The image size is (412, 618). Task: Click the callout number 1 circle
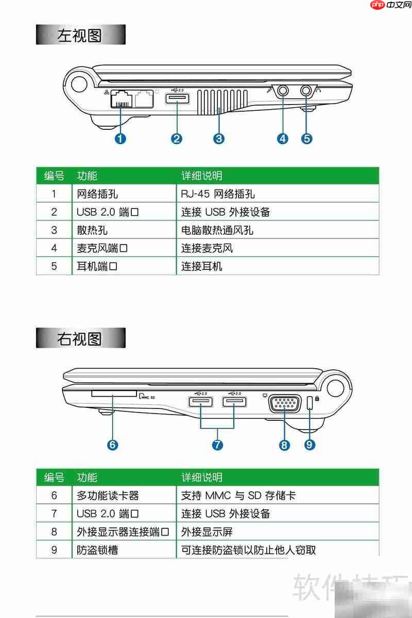(x=121, y=139)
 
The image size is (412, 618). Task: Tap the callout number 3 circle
(x=219, y=139)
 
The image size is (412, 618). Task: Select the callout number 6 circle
(x=112, y=444)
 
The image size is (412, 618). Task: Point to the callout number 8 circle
(x=284, y=444)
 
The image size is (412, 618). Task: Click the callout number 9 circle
(x=310, y=444)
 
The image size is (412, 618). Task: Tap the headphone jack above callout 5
(x=307, y=91)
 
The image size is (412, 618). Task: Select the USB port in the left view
(x=177, y=98)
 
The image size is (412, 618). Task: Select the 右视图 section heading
(x=80, y=339)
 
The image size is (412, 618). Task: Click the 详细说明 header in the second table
(x=202, y=477)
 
